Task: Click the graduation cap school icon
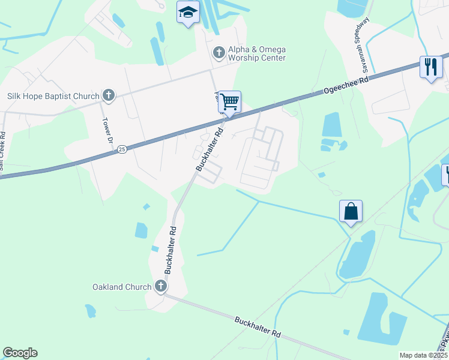(x=188, y=12)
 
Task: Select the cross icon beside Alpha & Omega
(x=218, y=53)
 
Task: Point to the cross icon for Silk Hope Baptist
(x=109, y=95)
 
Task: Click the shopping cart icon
(x=229, y=101)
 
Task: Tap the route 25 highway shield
(x=122, y=149)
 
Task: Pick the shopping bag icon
(x=351, y=211)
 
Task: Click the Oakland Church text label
(x=121, y=287)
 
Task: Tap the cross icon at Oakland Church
(x=160, y=287)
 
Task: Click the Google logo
(x=20, y=353)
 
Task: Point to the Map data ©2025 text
(x=423, y=355)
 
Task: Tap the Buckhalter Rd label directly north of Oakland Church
(x=170, y=249)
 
